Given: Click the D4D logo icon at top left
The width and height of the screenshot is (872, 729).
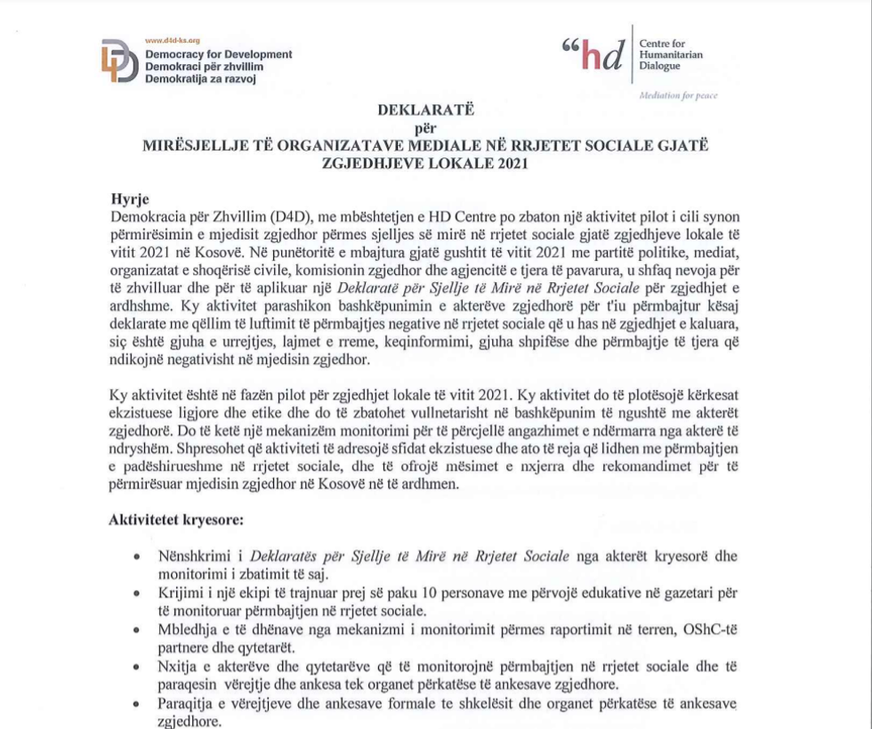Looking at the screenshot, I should (x=118, y=61).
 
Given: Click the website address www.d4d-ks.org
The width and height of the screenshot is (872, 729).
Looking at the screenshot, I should (x=172, y=41).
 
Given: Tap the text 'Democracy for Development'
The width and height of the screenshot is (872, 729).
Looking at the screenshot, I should (x=218, y=54).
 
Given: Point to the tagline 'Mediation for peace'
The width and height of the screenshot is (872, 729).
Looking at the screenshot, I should (x=678, y=95).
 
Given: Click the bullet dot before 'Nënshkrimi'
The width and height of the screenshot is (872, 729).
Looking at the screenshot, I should (x=135, y=557).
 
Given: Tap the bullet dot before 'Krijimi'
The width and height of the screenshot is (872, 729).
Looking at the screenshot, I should (x=135, y=593).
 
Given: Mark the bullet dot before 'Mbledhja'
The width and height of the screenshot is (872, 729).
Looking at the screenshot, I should (x=135, y=629).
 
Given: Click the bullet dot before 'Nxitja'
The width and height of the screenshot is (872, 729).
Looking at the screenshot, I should (x=135, y=666).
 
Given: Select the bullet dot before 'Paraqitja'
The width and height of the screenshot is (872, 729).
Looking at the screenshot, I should (x=135, y=703).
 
